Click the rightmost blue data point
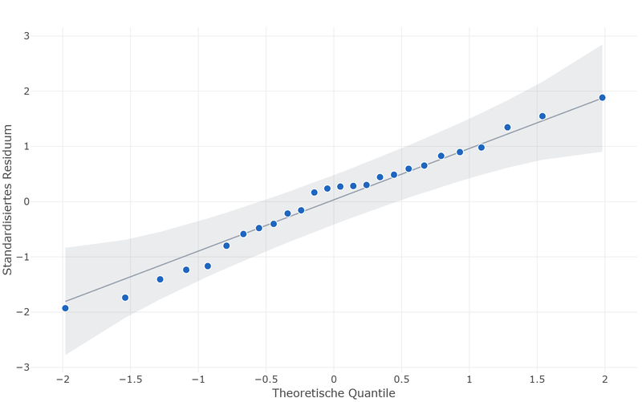(x=602, y=97)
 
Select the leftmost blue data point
(x=65, y=308)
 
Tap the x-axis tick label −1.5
(x=131, y=380)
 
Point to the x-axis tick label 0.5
(x=402, y=380)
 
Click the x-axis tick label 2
(x=605, y=380)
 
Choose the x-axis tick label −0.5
(x=266, y=380)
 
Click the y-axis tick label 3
(x=26, y=36)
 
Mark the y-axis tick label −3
(x=23, y=367)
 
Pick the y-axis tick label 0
(x=26, y=202)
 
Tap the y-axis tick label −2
(x=23, y=312)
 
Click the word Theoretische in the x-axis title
(x=308, y=393)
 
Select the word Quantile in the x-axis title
(x=372, y=393)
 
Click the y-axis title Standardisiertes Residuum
(x=7, y=200)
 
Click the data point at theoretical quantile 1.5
(x=542, y=116)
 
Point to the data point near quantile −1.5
(x=125, y=298)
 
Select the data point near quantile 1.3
(x=507, y=128)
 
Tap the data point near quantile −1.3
(x=160, y=279)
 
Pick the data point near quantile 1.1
(x=481, y=148)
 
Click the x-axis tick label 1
(x=469, y=380)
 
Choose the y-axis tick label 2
(x=26, y=91)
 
